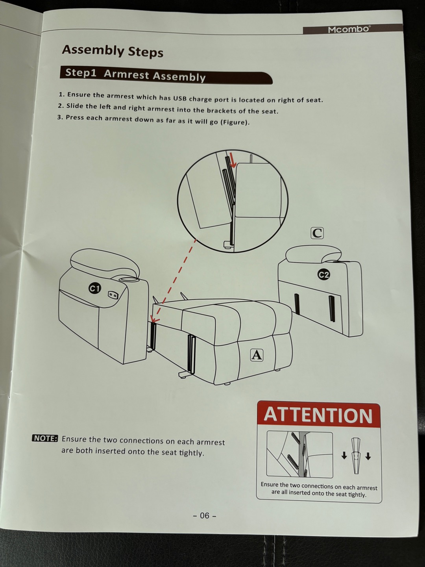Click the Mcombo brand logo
349,30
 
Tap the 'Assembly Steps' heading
113,51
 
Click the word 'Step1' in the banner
81,73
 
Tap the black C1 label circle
95,288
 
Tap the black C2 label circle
323,275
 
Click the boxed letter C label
317,233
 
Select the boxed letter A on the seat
257,355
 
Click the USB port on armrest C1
113,295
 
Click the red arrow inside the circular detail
233,162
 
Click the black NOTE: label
45,439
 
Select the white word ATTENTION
318,415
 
